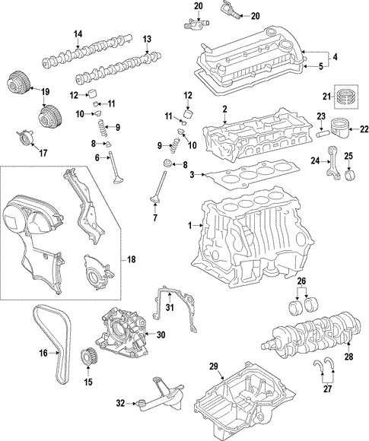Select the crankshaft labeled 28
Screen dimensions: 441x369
point(304,338)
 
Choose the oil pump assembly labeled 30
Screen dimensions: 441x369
point(122,335)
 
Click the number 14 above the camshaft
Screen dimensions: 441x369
point(78,34)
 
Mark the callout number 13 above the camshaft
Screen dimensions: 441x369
point(147,39)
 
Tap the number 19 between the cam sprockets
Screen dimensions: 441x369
point(44,92)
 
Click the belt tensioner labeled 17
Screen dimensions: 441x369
point(27,138)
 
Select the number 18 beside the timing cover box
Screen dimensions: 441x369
point(131,260)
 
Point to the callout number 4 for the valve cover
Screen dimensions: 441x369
point(332,57)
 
